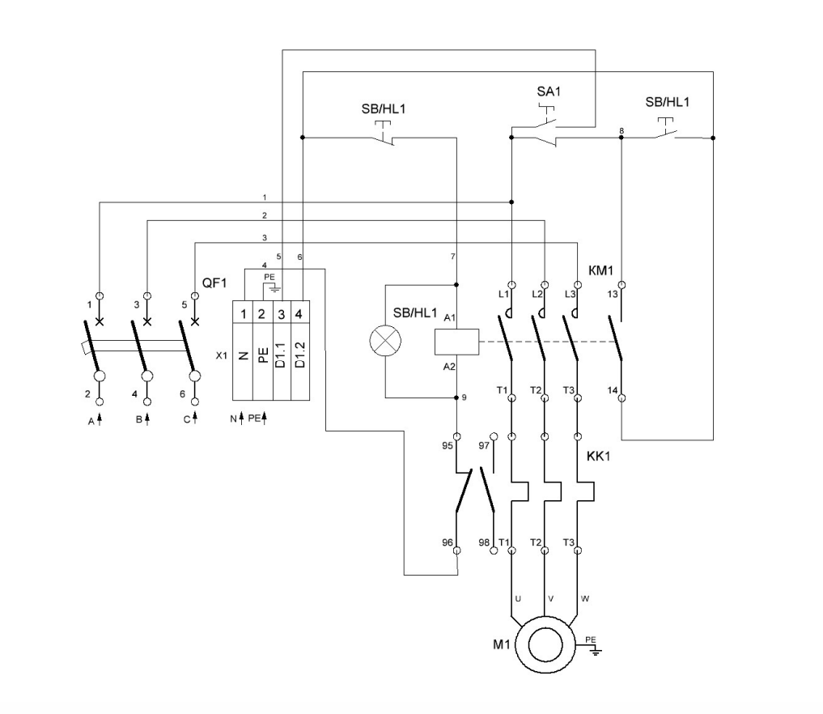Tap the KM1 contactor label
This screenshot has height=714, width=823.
click(x=598, y=267)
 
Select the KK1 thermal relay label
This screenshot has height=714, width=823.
click(x=598, y=457)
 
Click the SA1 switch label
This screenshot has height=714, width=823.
click(x=548, y=91)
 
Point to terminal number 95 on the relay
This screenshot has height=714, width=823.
click(x=446, y=444)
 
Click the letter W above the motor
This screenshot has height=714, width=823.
click(x=585, y=599)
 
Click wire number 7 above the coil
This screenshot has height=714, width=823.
click(x=454, y=257)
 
